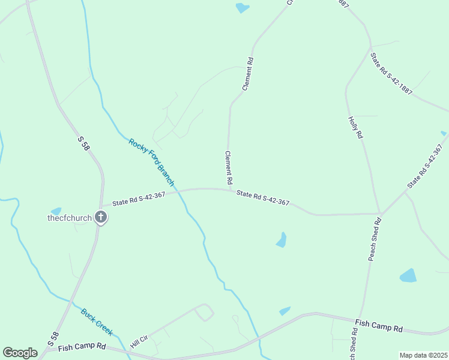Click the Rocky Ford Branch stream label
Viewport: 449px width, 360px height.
[x=151, y=161]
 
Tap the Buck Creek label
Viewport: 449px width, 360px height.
[x=97, y=322]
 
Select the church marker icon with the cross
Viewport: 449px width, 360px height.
[x=101, y=218]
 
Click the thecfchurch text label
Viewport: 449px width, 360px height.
[x=70, y=218]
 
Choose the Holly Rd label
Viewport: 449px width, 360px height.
[x=355, y=128]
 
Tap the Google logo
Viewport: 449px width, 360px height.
[x=20, y=353]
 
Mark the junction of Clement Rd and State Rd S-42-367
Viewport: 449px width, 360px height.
[x=231, y=190]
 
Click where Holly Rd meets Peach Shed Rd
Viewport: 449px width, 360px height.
[x=379, y=214]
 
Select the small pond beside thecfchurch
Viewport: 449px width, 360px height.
[x=56, y=211]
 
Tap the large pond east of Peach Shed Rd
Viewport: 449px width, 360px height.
[x=408, y=275]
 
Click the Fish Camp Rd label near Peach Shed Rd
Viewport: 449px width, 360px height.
[x=379, y=326]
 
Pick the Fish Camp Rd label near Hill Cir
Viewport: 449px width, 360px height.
[x=82, y=347]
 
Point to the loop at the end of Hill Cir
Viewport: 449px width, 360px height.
[x=204, y=312]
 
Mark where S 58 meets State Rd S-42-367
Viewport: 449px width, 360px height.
[x=103, y=206]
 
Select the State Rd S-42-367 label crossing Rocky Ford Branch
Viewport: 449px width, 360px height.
[x=139, y=199]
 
